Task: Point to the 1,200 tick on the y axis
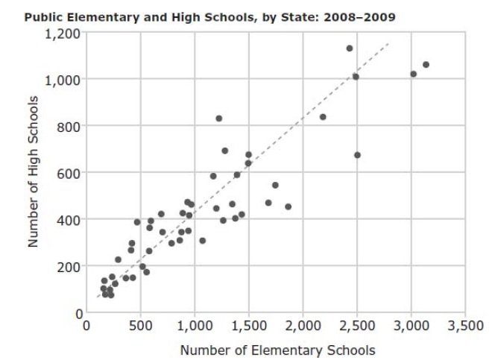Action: point(63,33)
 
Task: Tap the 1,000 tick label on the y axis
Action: point(63,80)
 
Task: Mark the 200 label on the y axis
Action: point(68,267)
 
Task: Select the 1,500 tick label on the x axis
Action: point(248,326)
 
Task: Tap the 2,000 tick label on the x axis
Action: point(303,326)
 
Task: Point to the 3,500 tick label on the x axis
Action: point(465,326)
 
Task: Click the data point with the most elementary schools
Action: point(426,65)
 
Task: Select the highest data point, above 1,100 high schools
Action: point(349,48)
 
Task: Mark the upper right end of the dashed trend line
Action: point(389,43)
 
